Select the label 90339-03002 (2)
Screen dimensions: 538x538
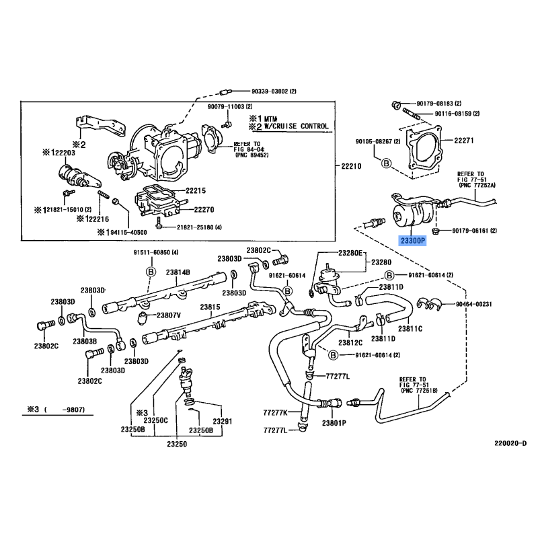[261, 91]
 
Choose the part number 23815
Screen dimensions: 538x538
[210, 306]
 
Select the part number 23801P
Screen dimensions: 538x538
[334, 423]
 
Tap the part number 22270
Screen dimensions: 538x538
[199, 209]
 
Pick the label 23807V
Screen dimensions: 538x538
[169, 315]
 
